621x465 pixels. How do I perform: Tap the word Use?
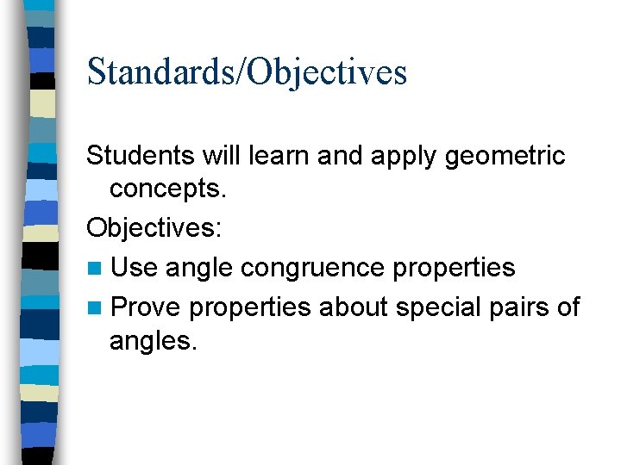pyautogui.click(x=134, y=268)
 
